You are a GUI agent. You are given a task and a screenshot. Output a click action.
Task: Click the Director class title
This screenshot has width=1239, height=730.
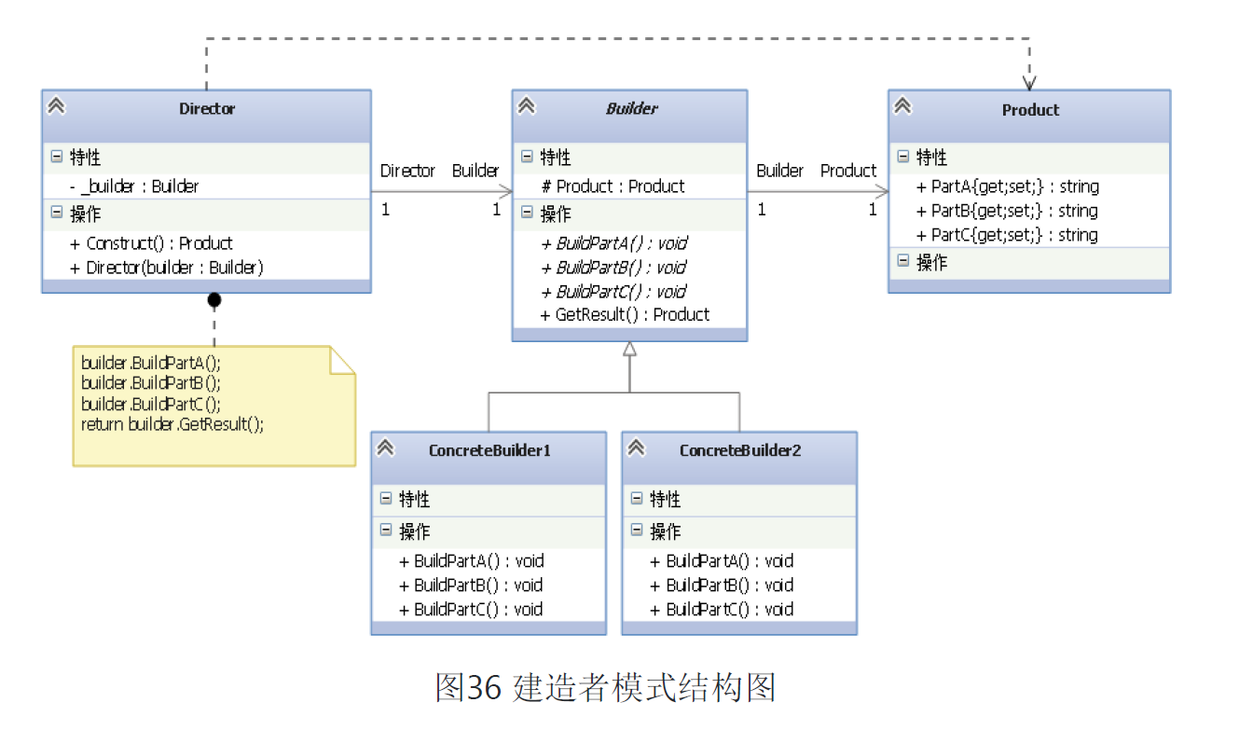tap(207, 109)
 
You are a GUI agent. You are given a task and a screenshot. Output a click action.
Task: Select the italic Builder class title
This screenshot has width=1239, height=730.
tap(631, 109)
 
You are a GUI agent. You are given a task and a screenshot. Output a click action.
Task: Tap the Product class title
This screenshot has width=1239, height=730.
tap(1030, 110)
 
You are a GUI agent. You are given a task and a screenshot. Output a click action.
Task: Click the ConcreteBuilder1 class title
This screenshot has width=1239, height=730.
tap(489, 450)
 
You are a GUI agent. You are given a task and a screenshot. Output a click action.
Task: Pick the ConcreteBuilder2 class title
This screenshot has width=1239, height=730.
tap(740, 450)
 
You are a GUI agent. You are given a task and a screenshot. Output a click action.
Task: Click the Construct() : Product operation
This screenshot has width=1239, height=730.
tap(151, 243)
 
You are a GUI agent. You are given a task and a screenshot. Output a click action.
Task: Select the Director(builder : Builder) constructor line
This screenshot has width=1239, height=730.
tap(167, 268)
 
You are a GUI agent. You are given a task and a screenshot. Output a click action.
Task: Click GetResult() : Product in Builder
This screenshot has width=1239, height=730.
tap(625, 315)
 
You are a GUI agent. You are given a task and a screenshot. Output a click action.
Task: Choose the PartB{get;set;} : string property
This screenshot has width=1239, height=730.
tap(1008, 211)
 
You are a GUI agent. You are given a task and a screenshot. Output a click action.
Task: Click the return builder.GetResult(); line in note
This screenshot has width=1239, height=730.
tap(172, 424)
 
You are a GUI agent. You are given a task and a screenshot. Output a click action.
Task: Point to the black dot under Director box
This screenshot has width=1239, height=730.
tap(214, 299)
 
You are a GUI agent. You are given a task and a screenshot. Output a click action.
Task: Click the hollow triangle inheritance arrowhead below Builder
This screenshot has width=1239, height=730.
tap(629, 350)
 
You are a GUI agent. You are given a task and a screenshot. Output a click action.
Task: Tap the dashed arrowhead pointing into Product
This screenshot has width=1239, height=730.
tap(1029, 81)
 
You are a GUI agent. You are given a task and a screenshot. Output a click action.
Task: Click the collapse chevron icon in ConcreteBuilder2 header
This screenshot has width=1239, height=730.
tap(637, 448)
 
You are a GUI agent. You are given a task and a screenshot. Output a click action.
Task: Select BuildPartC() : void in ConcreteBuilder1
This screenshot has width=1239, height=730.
tap(471, 610)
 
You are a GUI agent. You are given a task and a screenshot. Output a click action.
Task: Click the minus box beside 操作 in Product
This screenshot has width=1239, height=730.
tap(902, 261)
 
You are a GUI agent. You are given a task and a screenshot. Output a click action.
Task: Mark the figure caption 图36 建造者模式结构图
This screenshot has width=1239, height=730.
tap(605, 688)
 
